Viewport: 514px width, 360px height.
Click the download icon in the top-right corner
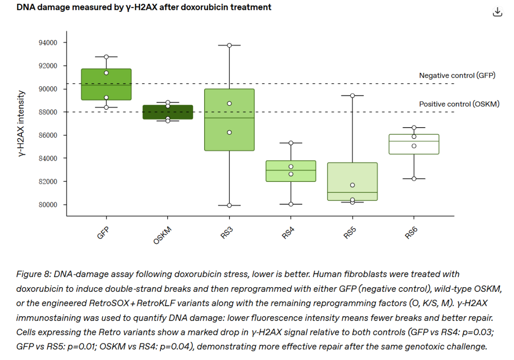tap(497, 12)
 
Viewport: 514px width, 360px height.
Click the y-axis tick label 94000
tap(48, 43)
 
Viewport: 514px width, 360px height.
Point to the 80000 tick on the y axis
tap(48, 205)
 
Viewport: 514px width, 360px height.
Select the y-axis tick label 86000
tap(48, 135)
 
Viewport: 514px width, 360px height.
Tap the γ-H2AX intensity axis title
tap(21, 124)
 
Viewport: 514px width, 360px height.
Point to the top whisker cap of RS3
tap(229, 45)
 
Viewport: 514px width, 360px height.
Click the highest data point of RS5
tap(353, 95)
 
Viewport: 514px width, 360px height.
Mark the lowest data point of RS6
tap(414, 179)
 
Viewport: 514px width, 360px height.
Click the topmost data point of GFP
tap(106, 57)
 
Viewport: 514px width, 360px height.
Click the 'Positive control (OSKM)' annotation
tap(459, 104)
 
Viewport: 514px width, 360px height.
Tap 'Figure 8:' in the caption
tap(33, 274)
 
